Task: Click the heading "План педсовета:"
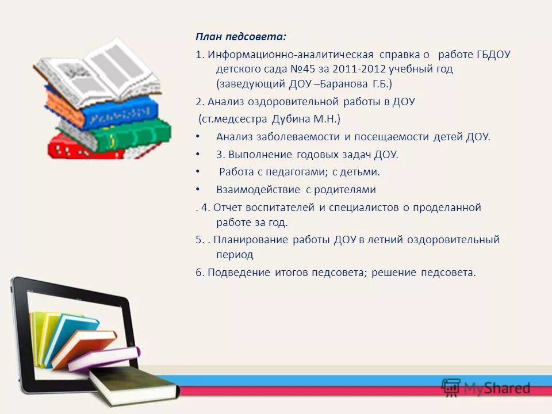click(240, 37)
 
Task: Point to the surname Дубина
click(289, 119)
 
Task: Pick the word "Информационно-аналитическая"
click(290, 55)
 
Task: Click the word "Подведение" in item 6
click(239, 273)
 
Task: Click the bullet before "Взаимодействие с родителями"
click(198, 189)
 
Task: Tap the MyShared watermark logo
click(486, 388)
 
